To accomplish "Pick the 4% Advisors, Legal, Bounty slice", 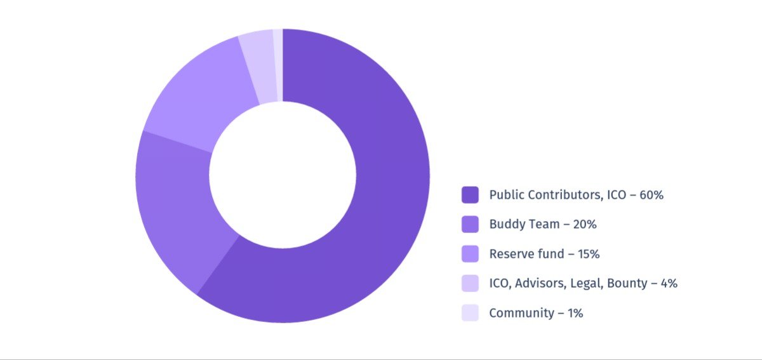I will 258,67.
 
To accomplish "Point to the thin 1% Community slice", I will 278,63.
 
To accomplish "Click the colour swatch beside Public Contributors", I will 470,195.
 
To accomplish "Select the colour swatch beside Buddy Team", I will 470,224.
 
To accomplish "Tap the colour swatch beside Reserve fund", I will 470,254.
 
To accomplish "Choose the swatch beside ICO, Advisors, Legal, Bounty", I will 470,283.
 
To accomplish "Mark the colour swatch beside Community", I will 470,312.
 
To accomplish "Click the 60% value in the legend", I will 651,195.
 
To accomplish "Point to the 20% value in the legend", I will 584,224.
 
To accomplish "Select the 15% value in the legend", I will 587,254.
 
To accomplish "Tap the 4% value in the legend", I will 669,283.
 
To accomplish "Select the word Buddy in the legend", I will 505,224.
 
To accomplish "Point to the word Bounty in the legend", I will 627,283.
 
